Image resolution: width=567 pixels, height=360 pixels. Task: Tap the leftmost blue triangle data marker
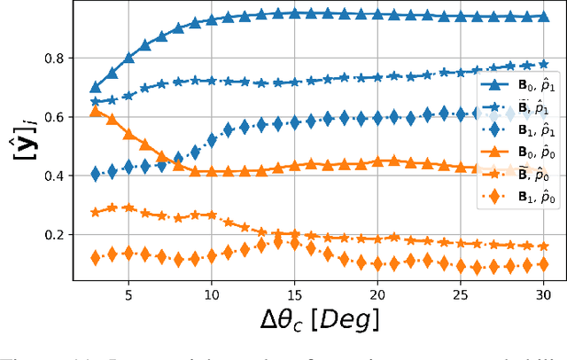[96, 87]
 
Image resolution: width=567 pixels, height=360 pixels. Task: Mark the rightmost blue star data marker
[543, 65]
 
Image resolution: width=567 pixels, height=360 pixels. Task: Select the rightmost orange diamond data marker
[543, 264]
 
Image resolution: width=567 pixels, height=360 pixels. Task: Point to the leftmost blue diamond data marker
[96, 174]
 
